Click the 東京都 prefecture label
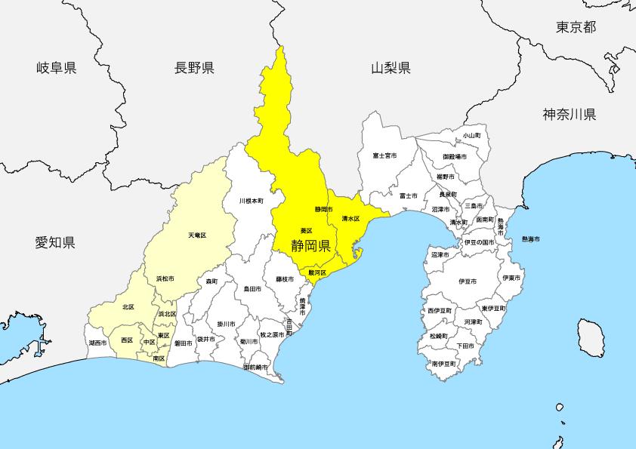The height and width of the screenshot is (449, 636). coord(576,27)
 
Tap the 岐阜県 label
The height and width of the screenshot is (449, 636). coord(57,69)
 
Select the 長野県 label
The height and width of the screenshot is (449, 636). coord(194,69)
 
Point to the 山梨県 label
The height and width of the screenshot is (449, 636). coord(391,69)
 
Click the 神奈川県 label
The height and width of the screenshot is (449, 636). coord(569,115)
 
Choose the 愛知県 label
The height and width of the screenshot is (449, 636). coord(54,242)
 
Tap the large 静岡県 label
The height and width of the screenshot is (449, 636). coord(311,245)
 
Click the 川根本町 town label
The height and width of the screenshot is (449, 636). coord(251,201)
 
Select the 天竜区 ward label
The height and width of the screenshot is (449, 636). coord(196,235)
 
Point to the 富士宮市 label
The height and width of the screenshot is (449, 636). coord(384,155)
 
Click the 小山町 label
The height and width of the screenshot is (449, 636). coord(471,135)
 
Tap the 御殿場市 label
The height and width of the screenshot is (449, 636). coord(455,156)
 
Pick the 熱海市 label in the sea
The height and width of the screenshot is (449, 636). coord(530,239)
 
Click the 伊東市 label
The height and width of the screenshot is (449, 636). coord(511,278)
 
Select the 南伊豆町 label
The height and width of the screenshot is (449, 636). coord(444,363)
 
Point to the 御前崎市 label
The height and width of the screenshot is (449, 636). coord(257,367)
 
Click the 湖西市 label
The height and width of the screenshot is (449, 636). coord(97,342)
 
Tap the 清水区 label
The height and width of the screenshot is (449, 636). coord(350,219)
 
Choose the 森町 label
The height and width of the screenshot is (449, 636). coord(211,281)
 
